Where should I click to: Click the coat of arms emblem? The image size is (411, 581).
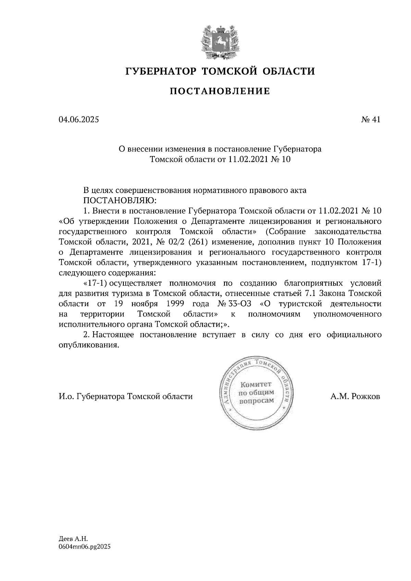pyautogui.click(x=219, y=41)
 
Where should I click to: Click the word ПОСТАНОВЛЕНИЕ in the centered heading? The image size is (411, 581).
pyautogui.click(x=220, y=91)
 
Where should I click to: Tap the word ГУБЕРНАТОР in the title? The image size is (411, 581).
pyautogui.click(x=161, y=72)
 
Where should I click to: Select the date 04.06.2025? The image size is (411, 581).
pyautogui.click(x=79, y=120)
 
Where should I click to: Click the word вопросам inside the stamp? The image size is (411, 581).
pyautogui.click(x=257, y=401)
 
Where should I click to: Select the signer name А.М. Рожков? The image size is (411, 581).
pyautogui.click(x=355, y=397)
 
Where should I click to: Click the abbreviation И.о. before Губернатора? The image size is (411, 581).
pyautogui.click(x=66, y=397)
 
